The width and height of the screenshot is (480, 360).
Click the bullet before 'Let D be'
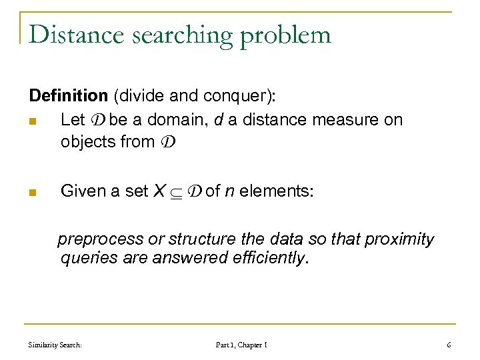pyautogui.click(x=33, y=120)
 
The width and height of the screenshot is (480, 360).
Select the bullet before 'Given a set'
pyautogui.click(x=33, y=192)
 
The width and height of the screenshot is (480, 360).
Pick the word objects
pyautogui.click(x=86, y=142)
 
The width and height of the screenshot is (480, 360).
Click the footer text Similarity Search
pyautogui.click(x=55, y=345)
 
